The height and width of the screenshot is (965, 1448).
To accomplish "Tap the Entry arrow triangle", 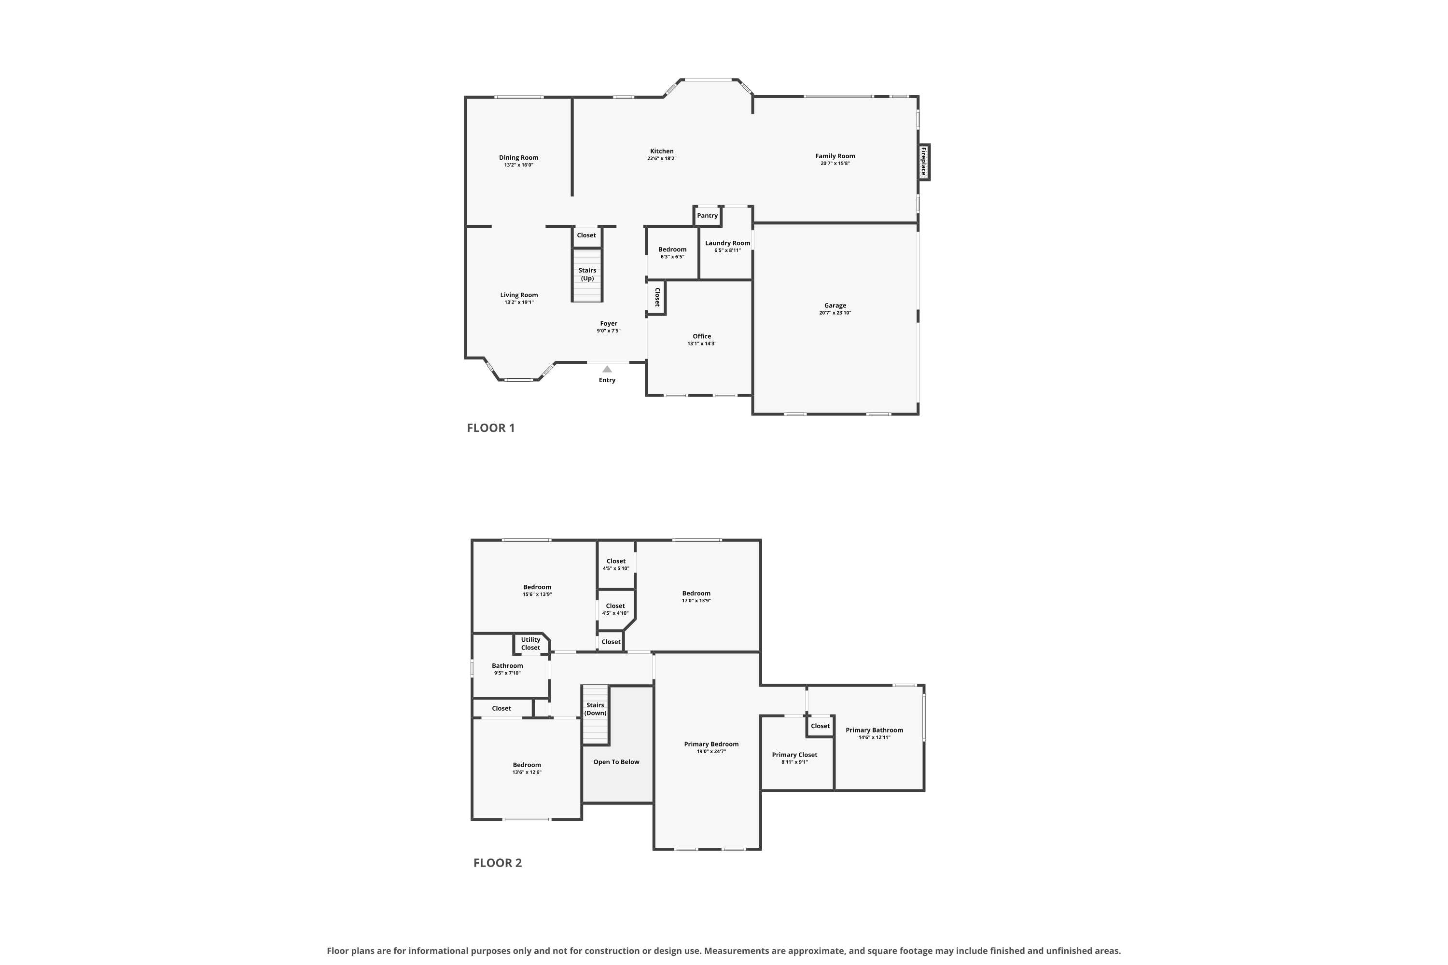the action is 607,369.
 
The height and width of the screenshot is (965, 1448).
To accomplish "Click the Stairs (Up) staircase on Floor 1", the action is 587,275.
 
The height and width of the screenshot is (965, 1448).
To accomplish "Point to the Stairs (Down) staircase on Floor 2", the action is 595,715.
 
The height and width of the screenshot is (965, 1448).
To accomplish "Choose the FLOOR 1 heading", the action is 491,427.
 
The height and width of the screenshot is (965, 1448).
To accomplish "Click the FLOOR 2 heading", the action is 498,863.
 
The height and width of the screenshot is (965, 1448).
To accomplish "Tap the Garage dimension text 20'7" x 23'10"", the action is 835,313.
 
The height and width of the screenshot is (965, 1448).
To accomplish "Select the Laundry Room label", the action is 728,243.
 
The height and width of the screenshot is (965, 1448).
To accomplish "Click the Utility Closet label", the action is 530,644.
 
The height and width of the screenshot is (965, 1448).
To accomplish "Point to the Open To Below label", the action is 616,762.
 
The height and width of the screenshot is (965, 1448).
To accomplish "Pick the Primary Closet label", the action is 795,755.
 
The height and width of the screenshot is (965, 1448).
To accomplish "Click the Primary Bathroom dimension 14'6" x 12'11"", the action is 874,737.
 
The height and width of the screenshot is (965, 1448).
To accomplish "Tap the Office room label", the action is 702,336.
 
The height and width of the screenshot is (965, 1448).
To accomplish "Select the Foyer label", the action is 609,323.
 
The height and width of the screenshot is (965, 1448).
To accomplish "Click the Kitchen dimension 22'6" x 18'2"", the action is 662,158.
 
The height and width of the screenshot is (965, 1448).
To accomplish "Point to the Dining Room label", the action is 518,158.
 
